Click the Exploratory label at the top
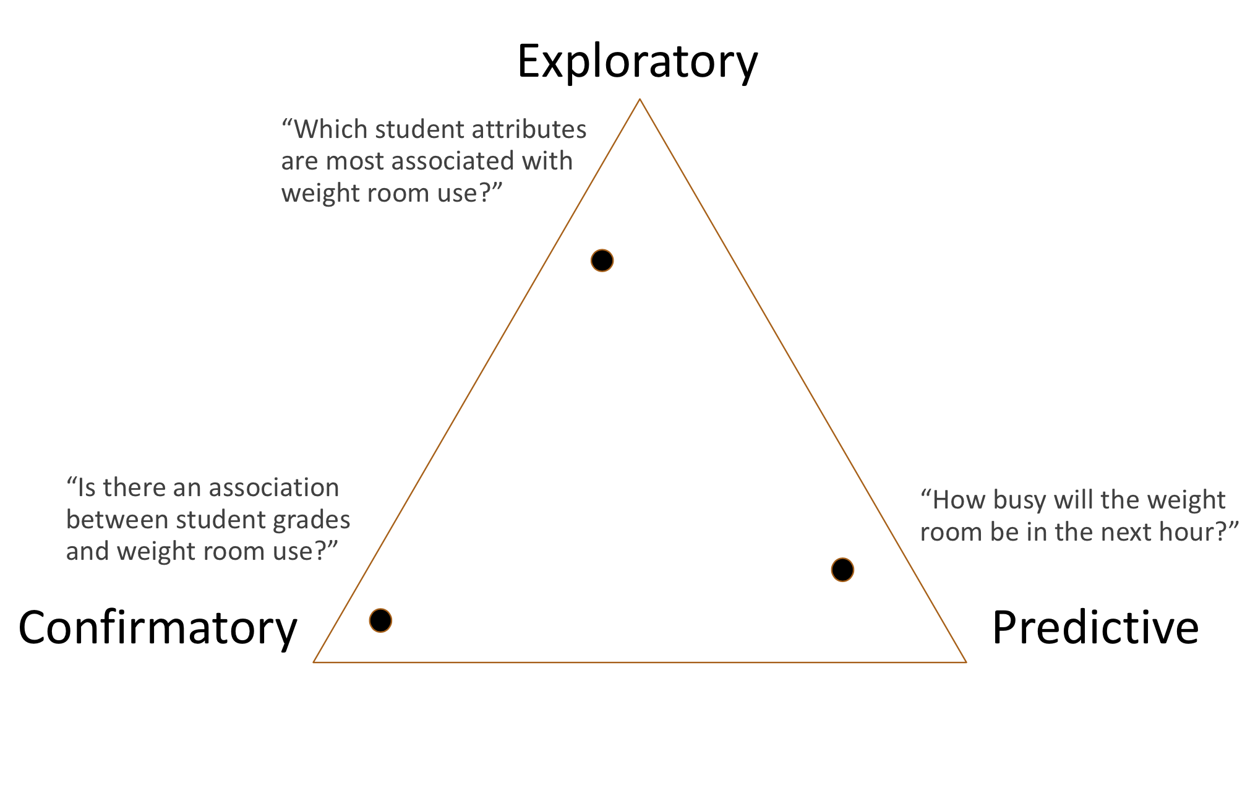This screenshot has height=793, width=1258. point(637,62)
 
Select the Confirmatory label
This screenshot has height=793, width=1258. point(158,628)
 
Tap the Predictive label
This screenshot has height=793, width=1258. point(1095,628)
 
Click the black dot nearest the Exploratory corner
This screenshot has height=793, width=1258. point(602,260)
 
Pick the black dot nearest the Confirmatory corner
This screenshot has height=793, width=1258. point(380,620)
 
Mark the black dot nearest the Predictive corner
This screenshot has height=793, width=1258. point(842,570)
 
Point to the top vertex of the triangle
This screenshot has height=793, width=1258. point(640,100)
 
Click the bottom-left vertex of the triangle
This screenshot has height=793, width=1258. point(314,662)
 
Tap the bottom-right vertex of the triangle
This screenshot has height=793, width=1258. point(965,662)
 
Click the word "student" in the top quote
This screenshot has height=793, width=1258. point(411,129)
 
